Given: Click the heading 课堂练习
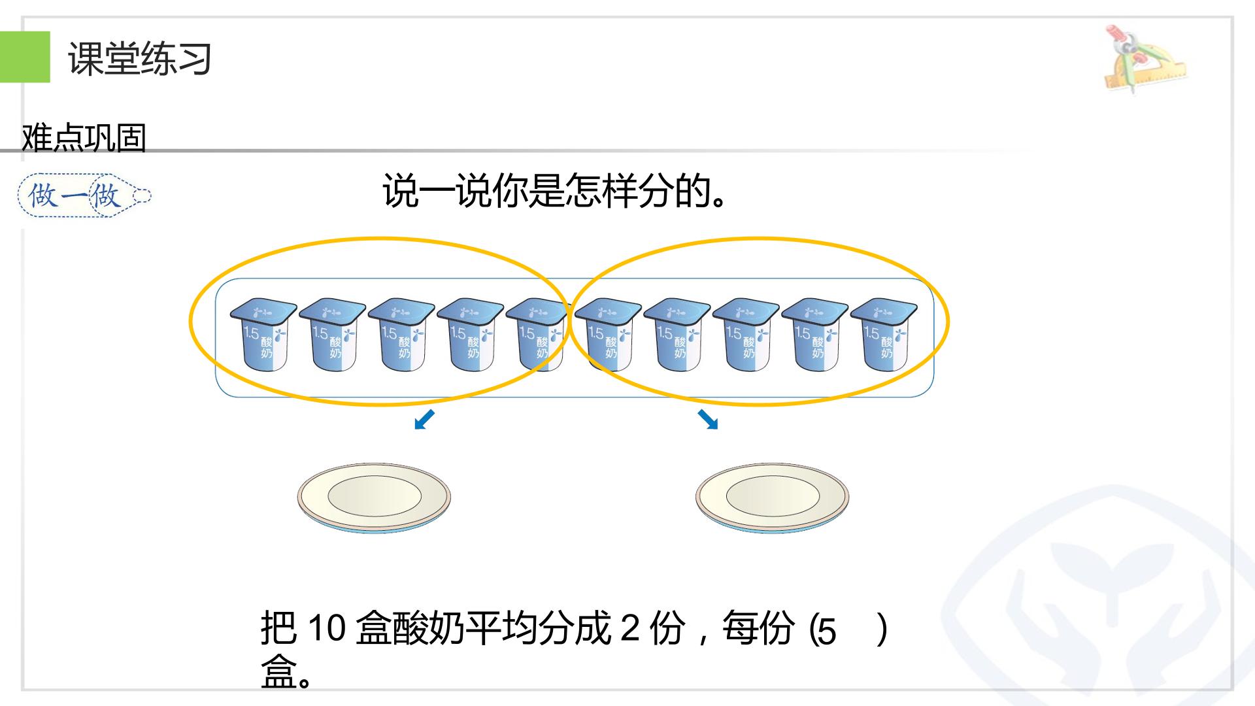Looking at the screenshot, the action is tap(139, 58).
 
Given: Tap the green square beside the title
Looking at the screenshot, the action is tap(25, 57).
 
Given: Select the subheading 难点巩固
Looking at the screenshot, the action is tap(84, 137).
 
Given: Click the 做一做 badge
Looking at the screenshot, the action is tap(84, 195).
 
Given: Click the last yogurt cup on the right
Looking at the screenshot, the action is tap(884, 334).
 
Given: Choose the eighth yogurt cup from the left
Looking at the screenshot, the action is tap(746, 334).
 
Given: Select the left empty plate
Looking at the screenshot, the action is tap(374, 497).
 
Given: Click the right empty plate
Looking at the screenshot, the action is tap(772, 497).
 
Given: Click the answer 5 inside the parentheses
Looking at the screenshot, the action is tap(827, 631).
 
